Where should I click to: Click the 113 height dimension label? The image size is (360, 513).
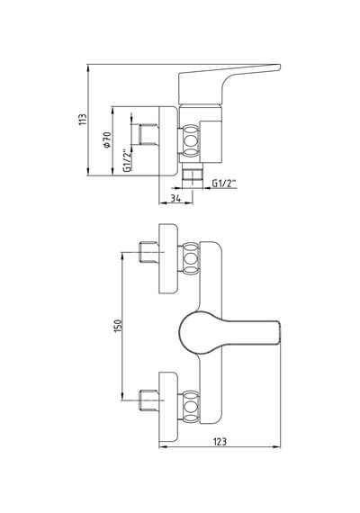pyautogui.click(x=83, y=120)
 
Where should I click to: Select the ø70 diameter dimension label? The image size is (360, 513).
pyautogui.click(x=107, y=140)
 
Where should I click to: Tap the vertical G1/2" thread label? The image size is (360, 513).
pyautogui.click(x=127, y=160)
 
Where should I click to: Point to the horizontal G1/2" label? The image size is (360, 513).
pyautogui.click(x=224, y=184)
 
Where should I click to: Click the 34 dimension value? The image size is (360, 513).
pyautogui.click(x=175, y=198)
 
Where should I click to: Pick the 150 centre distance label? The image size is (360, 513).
pyautogui.click(x=118, y=326)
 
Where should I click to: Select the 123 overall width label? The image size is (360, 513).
pyautogui.click(x=220, y=441)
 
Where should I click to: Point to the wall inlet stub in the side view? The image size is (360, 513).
pyautogui.click(x=148, y=134)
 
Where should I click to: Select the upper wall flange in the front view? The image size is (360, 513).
pyautogui.click(x=168, y=258)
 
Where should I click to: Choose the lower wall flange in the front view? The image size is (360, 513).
pyautogui.click(x=168, y=407)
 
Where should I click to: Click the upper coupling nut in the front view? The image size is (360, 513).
pyautogui.click(x=191, y=258)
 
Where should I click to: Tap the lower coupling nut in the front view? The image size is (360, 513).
pyautogui.click(x=191, y=406)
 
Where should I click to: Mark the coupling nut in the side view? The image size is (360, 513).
pyautogui.click(x=191, y=140)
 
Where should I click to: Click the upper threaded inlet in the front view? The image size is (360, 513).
pyautogui.click(x=148, y=252)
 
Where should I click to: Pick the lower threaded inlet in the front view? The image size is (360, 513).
pyautogui.click(x=148, y=400)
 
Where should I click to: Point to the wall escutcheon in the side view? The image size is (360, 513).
pyautogui.click(x=168, y=141)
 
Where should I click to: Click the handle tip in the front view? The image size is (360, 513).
pyautogui.click(x=281, y=333)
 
